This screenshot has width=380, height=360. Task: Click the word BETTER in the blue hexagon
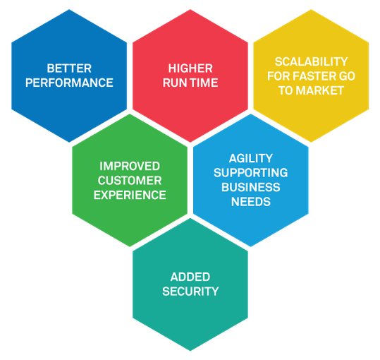(x=69, y=68)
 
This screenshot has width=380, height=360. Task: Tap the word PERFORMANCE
(x=69, y=83)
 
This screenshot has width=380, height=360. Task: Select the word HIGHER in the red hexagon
(x=190, y=68)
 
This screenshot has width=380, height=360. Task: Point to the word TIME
(x=204, y=83)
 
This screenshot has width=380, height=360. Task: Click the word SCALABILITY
(x=311, y=61)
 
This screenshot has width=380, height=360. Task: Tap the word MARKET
(x=320, y=90)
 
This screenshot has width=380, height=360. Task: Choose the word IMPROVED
(x=130, y=166)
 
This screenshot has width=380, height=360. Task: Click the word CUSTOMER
(x=130, y=181)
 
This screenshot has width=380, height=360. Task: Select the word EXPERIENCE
(x=130, y=195)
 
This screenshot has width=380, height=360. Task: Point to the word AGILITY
(x=251, y=158)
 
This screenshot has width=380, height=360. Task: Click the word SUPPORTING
(x=251, y=173)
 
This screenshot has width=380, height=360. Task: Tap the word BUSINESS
(x=251, y=187)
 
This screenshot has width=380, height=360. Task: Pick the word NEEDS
(x=251, y=202)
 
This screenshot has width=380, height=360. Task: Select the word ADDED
(x=190, y=277)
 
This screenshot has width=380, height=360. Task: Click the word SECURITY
(x=190, y=292)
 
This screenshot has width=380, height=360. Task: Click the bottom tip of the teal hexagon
(x=190, y=351)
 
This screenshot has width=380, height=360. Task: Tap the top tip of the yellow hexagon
(x=311, y=9)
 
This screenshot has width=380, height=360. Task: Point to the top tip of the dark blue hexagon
(x=69, y=9)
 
